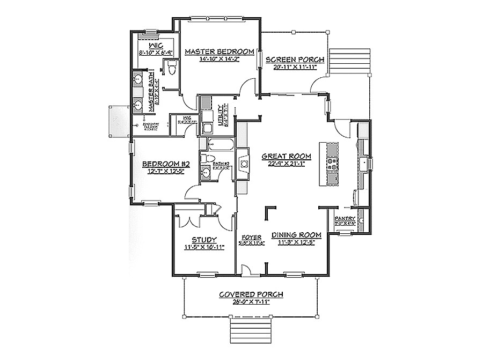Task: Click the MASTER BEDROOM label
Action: click(x=219, y=51)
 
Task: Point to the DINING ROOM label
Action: click(x=296, y=235)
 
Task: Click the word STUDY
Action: click(x=204, y=240)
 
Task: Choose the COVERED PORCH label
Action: click(x=252, y=294)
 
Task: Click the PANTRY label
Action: click(x=345, y=218)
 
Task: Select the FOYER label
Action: click(x=251, y=236)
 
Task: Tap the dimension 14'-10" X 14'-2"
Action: click(x=219, y=59)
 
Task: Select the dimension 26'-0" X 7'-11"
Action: click(x=252, y=302)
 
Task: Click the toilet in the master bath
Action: click(x=172, y=69)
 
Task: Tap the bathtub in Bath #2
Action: click(x=220, y=144)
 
